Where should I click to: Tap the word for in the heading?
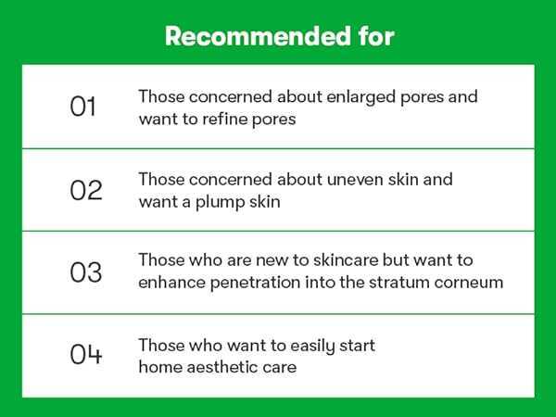coord(376,36)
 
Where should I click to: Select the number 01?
coord(82,107)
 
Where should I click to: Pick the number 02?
coord(86,190)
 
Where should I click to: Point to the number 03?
coord(86,272)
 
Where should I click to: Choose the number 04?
coord(86,354)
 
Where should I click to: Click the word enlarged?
coord(360,97)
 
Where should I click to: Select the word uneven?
coord(355,180)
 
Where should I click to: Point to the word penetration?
coord(256,283)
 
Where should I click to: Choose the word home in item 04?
coord(160,367)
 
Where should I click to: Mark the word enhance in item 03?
coord(171,283)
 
